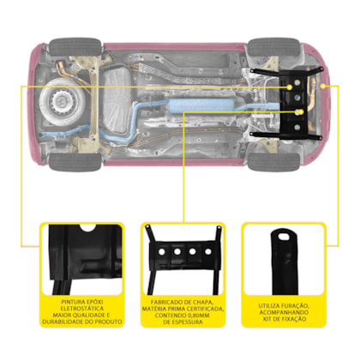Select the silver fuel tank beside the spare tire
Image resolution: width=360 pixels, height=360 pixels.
click(x=117, y=100)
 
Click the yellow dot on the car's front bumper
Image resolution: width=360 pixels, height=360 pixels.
click(x=323, y=86)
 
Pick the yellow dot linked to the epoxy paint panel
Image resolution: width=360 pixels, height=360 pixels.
click(x=290, y=87)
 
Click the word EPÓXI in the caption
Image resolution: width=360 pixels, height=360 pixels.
click(x=93, y=302)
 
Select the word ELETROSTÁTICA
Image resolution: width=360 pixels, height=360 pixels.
click(x=82, y=309)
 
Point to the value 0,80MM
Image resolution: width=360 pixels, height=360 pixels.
click(x=197, y=315)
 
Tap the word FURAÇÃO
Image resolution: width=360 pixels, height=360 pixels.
click(x=296, y=306)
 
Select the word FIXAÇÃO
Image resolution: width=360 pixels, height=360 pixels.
click(x=294, y=319)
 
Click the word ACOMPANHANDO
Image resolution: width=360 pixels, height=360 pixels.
click(x=284, y=312)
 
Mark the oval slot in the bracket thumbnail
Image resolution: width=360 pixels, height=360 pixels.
click(x=284, y=236)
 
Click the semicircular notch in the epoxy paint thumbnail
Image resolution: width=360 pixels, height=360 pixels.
click(x=88, y=228)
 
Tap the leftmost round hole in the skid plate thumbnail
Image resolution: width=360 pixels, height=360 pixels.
click(x=162, y=252)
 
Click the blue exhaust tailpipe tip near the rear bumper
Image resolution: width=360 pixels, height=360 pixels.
click(x=45, y=135)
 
